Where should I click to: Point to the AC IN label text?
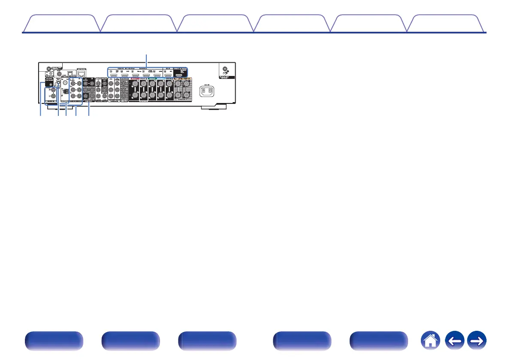pos(206,84)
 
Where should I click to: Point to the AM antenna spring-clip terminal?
pos(65,92)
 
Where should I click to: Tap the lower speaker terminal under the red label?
pos(135,96)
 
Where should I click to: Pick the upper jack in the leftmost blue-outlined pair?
pos(51,91)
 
